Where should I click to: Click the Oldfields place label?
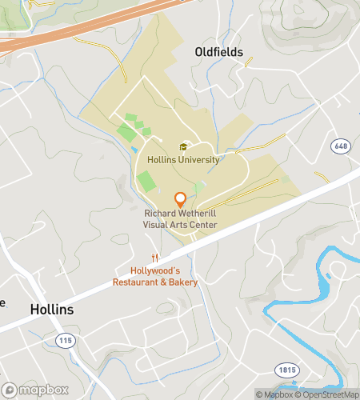tap(218, 52)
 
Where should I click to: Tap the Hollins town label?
tap(52, 310)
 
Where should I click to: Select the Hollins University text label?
tap(183, 159)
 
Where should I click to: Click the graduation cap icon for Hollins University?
tap(183, 146)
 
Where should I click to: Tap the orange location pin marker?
tap(181, 199)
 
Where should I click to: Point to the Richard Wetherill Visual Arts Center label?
tap(180, 219)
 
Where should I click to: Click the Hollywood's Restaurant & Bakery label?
tap(155, 276)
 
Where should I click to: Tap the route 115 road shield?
tap(66, 341)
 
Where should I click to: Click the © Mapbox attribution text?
tap(274, 394)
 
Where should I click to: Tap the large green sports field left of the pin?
tap(146, 181)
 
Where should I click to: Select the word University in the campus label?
tap(199, 159)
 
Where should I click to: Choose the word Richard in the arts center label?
tap(160, 214)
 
